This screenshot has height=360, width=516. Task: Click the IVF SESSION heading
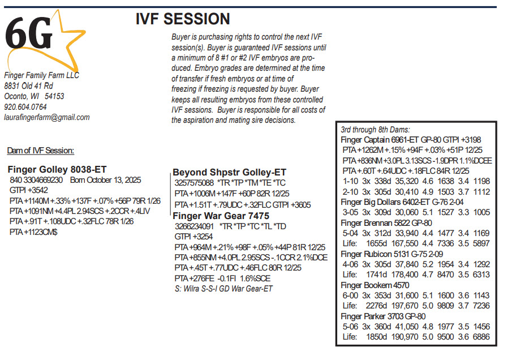point(183,19)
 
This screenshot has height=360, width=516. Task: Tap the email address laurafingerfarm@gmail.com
point(47,117)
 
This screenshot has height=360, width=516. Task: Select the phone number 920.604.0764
point(25,107)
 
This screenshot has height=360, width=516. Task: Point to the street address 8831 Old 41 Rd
point(28,85)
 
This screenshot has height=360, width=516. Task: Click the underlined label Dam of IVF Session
point(41,151)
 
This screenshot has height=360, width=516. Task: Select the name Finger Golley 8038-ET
point(57,169)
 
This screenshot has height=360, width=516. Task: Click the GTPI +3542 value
point(29,190)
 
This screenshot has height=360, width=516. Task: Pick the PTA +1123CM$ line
point(33,232)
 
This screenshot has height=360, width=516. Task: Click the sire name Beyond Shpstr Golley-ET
point(229,172)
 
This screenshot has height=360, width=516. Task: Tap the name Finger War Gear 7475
point(221,216)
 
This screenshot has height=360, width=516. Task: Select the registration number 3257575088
point(194,183)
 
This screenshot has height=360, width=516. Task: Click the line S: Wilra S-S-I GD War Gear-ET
point(224,289)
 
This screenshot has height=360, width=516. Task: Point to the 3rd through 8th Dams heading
point(375,130)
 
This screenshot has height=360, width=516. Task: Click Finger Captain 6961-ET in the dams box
point(381,140)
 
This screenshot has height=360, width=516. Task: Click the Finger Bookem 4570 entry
point(375,285)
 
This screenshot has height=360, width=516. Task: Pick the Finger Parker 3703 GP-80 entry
point(383,316)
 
